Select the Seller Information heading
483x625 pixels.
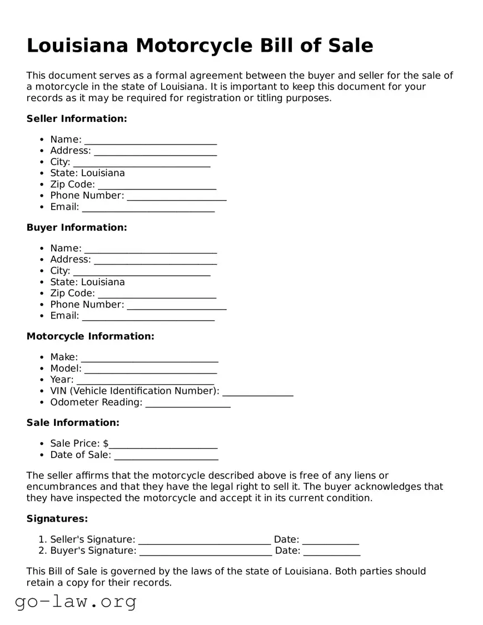pos(77,118)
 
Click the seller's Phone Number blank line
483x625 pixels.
pos(176,196)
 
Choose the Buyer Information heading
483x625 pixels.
pos(77,227)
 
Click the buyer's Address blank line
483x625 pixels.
pos(155,260)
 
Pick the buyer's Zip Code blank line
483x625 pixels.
pos(157,294)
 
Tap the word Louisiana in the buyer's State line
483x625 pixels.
pos(103,282)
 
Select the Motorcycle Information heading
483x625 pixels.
pos(90,336)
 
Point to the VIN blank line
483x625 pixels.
pos(257,391)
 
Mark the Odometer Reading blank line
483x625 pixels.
pos(187,403)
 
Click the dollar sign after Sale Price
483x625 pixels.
pos(106,443)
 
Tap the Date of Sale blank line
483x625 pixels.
pos(166,455)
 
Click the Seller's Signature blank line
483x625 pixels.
pos(204,540)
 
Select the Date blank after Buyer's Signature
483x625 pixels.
pos(331,551)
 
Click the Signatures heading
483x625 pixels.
pos(57,519)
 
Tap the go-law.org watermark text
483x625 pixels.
pos(76,601)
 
